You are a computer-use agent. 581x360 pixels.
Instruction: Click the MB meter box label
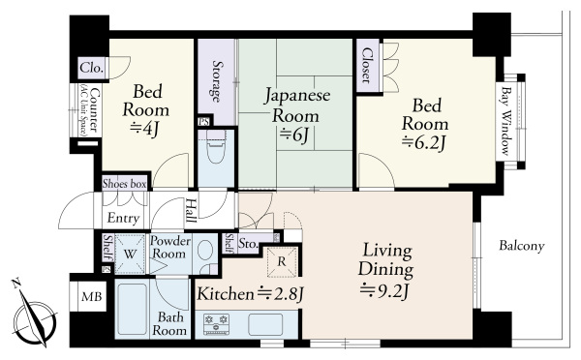[x=92, y=296]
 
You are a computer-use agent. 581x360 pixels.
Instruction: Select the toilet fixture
[x=216, y=146]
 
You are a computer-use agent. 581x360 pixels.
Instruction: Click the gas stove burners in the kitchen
[x=216, y=324]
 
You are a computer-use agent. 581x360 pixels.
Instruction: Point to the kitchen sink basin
[x=265, y=324]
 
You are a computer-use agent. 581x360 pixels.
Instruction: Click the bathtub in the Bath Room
[x=133, y=310]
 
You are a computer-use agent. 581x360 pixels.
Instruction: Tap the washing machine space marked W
[x=130, y=254]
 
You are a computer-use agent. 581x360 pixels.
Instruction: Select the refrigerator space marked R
[x=282, y=261]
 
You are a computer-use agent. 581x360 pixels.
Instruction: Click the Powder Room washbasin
[x=204, y=251]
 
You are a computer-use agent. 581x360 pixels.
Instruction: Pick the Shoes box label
[x=125, y=184]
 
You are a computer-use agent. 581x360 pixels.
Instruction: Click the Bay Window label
[x=505, y=121]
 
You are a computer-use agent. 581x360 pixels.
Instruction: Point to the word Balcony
[x=522, y=246]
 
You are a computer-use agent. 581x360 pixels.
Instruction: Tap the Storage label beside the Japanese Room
[x=217, y=81]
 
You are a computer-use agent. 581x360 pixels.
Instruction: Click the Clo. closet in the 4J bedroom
[x=92, y=68]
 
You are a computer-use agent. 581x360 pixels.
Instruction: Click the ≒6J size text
[x=295, y=135]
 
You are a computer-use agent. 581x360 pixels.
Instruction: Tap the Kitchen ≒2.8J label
[x=251, y=294]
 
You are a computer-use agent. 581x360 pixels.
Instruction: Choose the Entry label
[x=123, y=218]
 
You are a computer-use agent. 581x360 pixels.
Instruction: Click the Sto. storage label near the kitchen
[x=248, y=244]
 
